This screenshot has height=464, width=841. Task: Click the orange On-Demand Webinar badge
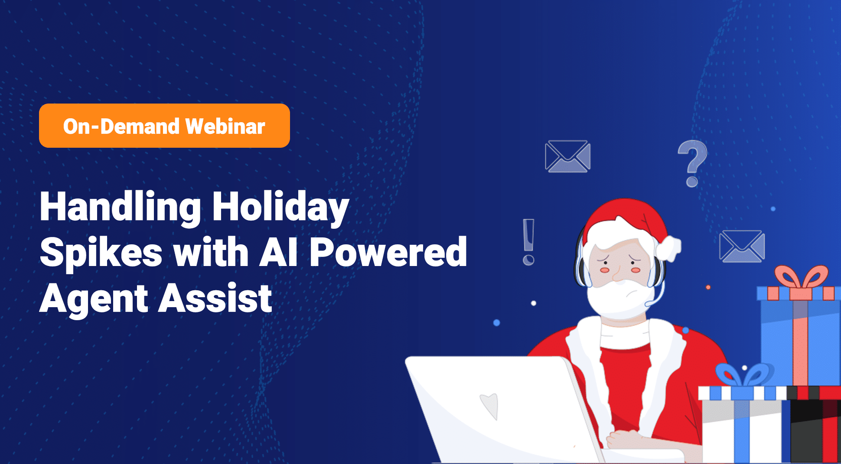pos(164,126)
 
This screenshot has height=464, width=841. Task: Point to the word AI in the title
pos(278,252)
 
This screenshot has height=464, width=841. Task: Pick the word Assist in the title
pos(215,298)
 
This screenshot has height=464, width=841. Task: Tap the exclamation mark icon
pos(528,242)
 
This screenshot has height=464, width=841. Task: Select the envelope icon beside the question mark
pos(567,156)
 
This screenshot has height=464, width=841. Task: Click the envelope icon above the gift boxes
pos(742,246)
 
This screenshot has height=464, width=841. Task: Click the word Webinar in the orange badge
pos(225,127)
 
